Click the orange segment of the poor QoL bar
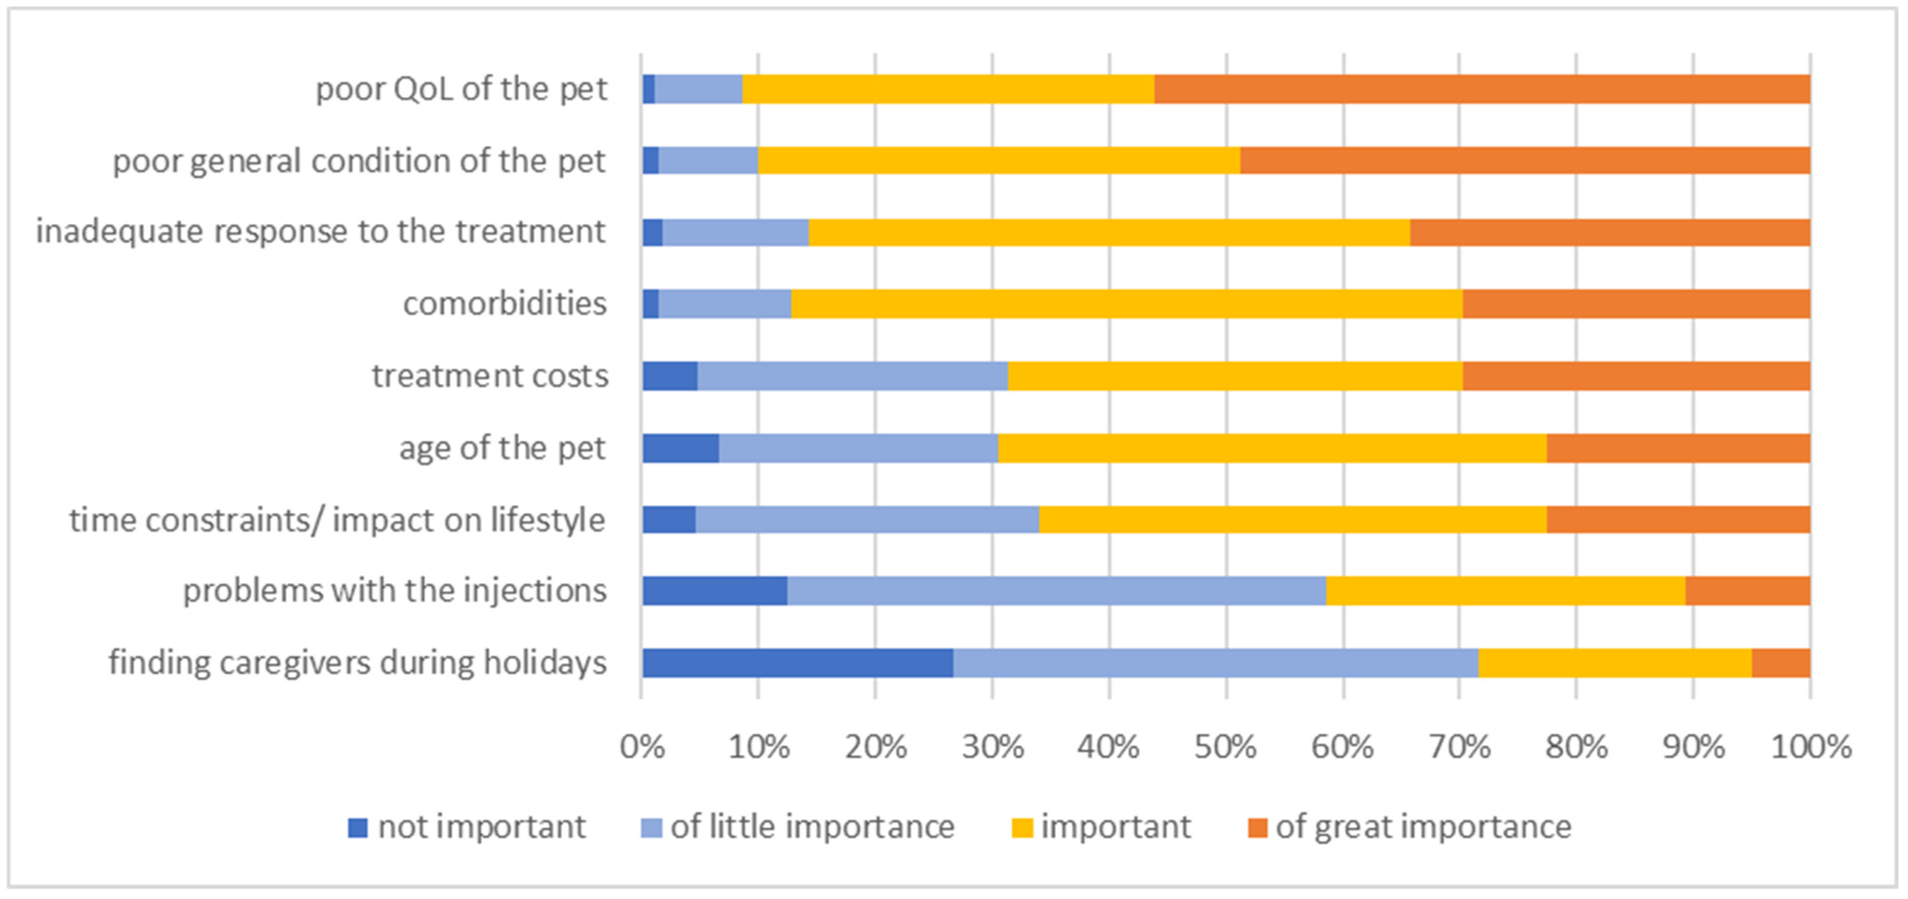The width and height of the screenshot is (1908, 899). click(x=1482, y=89)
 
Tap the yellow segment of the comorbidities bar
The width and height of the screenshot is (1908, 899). click(x=1126, y=303)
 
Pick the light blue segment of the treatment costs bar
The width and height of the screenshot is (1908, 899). click(x=852, y=376)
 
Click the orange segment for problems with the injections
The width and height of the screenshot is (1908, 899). click(x=1747, y=591)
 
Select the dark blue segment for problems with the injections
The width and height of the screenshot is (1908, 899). click(x=714, y=591)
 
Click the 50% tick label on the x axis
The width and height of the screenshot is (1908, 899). click(x=1225, y=746)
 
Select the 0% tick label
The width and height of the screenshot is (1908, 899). click(x=641, y=746)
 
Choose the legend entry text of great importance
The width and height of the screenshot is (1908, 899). click(x=1422, y=826)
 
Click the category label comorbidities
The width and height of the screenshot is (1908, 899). click(x=505, y=303)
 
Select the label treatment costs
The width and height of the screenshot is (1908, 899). click(x=489, y=376)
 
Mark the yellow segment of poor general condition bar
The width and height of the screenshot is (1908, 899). click(x=998, y=160)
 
